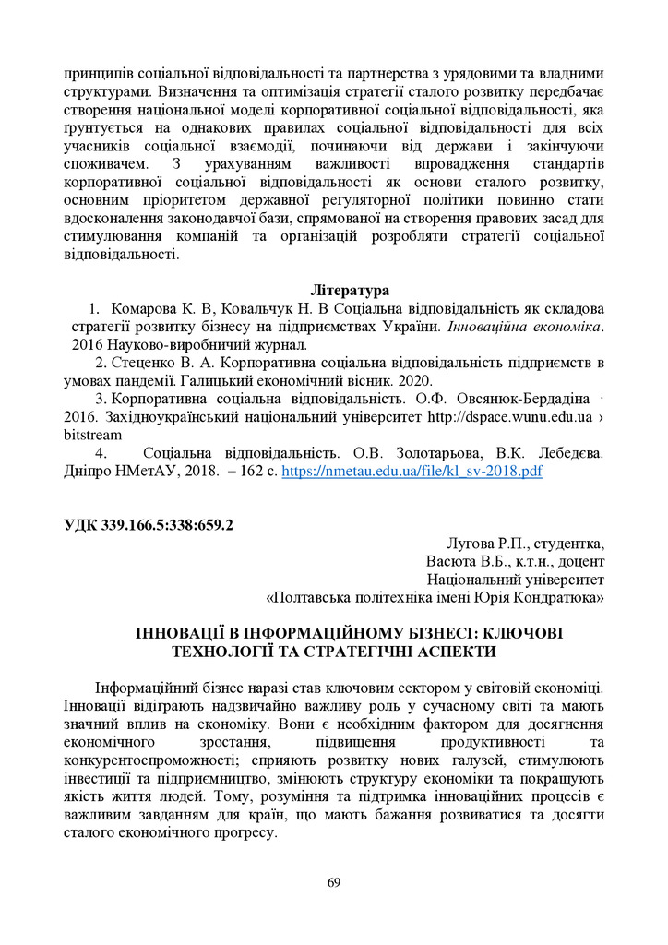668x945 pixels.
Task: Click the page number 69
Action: click(334, 883)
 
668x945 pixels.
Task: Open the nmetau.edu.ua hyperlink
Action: click(412, 471)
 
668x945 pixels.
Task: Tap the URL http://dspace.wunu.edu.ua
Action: click(509, 416)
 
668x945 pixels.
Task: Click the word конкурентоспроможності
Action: click(151, 760)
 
